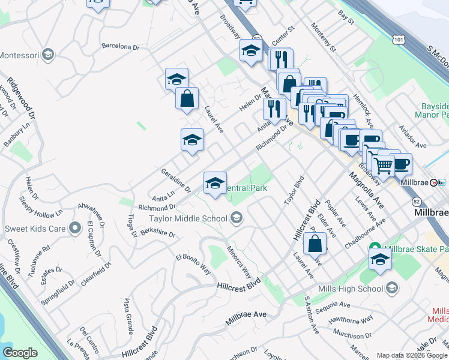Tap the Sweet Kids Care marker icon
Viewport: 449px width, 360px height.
pyautogui.click(x=75, y=228)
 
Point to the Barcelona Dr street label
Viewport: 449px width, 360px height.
pyautogui.click(x=120, y=46)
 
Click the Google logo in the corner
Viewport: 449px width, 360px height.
pyautogui.click(x=20, y=353)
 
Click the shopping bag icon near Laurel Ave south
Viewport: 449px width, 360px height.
pyautogui.click(x=315, y=245)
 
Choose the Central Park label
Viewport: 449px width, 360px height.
pyautogui.click(x=244, y=188)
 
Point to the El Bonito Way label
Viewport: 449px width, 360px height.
pyautogui.click(x=193, y=265)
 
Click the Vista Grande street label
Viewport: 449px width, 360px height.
pyautogui.click(x=128, y=316)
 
